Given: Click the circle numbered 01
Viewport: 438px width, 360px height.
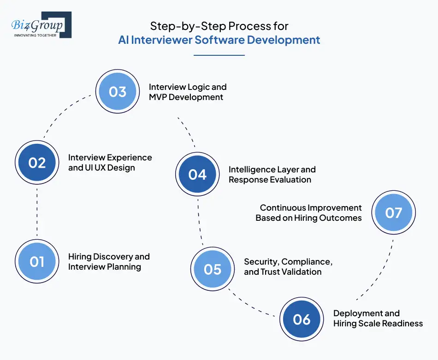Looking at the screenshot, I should pos(37,261).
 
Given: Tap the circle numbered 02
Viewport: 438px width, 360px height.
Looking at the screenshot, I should pos(37,162).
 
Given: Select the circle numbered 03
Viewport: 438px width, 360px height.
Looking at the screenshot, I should pos(118,91).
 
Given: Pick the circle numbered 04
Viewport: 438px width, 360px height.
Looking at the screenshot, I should pos(197,174).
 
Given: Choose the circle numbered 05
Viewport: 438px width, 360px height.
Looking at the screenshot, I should pos(213,269).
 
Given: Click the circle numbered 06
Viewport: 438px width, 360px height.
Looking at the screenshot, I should pos(302,319).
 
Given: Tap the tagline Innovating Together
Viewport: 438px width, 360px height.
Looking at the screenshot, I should pos(36,35).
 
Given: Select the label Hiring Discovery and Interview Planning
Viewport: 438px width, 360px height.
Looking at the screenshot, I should pos(109,261).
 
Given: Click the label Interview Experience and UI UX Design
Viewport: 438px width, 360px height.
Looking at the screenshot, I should pos(110,162).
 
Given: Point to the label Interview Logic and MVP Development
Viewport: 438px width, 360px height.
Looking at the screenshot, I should pos(187,92).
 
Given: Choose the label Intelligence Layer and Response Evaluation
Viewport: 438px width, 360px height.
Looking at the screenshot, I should pos(272,175).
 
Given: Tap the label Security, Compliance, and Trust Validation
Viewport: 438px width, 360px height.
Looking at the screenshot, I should pos(288,266).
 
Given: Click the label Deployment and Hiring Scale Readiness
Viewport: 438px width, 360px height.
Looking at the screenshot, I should pos(378,319).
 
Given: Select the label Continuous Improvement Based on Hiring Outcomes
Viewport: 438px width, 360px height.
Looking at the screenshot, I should pos(309,213).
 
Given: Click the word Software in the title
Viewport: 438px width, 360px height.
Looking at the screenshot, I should pos(219,40).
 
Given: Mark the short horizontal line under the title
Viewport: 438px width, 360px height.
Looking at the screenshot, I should pos(219,55).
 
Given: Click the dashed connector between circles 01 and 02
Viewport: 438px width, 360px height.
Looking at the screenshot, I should pos(37,212).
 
